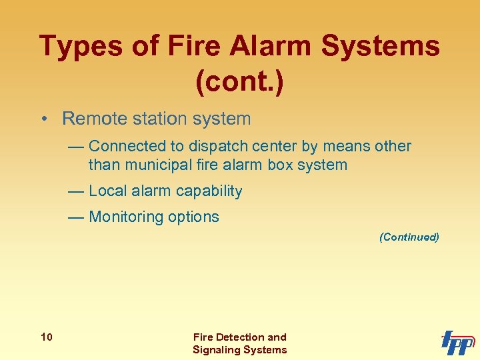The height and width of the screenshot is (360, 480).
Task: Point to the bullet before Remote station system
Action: pyautogui.click(x=42, y=119)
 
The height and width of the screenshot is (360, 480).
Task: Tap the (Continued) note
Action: pyautogui.click(x=409, y=237)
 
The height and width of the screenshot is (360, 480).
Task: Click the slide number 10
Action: pyautogui.click(x=47, y=337)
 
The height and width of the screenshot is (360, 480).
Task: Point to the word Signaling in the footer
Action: pyautogui.click(x=217, y=349)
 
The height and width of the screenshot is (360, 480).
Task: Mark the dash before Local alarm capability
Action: pyautogui.click(x=76, y=191)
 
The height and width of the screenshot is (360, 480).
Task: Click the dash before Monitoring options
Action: pyautogui.click(x=76, y=217)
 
